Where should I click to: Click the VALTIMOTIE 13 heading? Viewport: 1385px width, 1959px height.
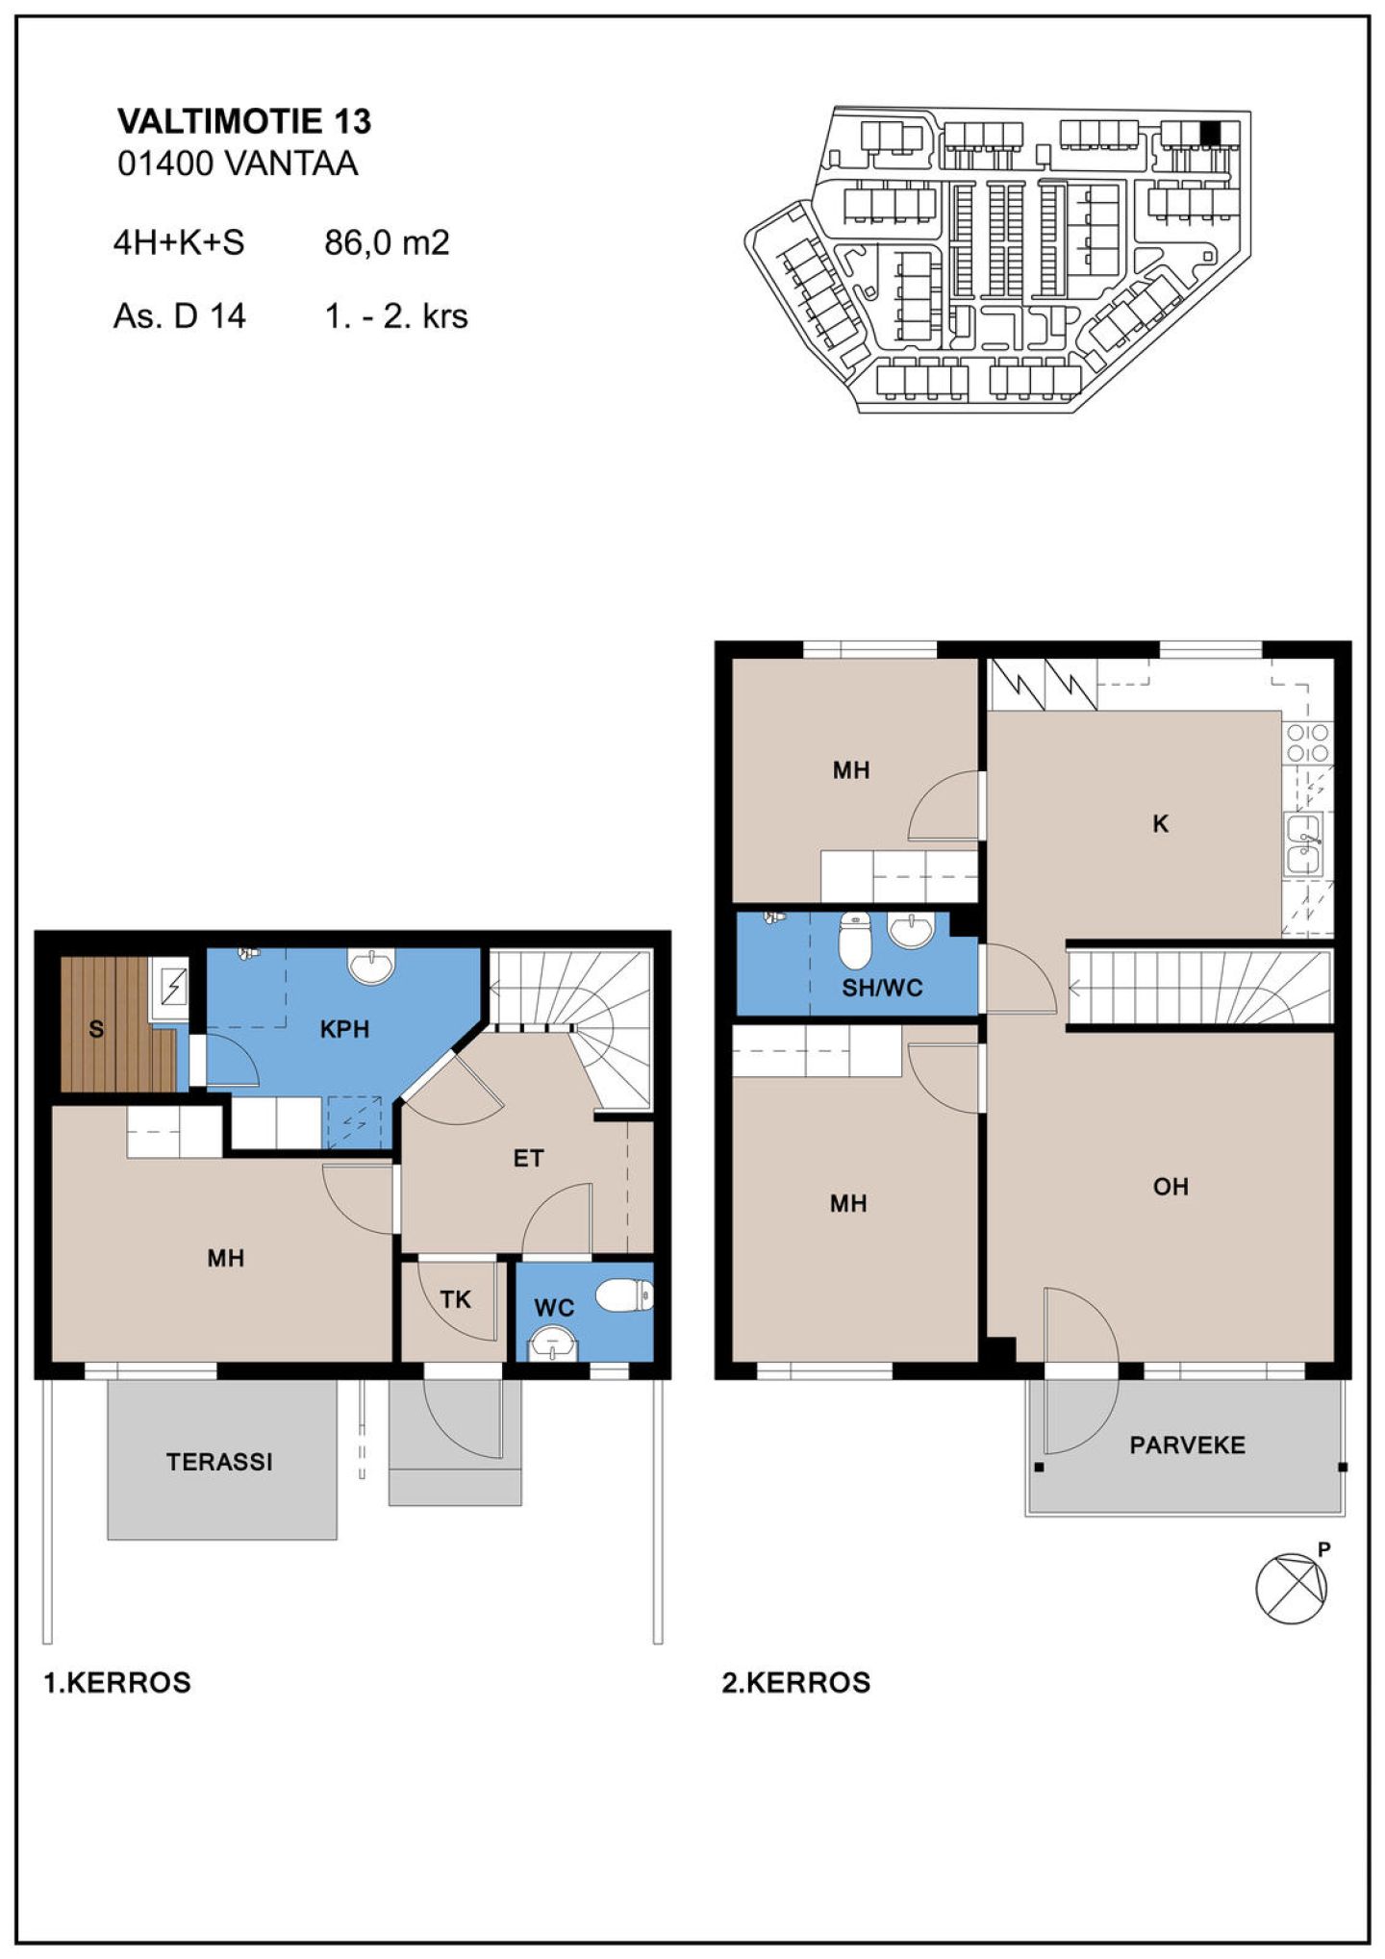[244, 121]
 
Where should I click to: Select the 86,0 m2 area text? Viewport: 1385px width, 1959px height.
[387, 242]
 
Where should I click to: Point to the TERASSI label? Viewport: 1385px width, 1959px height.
[219, 1462]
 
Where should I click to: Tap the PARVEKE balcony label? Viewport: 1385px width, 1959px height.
[1187, 1444]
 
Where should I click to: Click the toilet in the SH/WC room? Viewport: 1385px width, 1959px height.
[854, 940]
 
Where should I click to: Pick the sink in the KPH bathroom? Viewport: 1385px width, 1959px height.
[370, 965]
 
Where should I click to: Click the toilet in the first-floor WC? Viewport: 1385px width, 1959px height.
[625, 1295]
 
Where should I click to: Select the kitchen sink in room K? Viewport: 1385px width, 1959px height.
[1303, 843]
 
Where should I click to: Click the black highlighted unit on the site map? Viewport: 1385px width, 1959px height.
[1210, 133]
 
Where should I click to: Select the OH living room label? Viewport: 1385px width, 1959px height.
[1171, 1187]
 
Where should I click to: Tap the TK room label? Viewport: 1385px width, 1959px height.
[455, 1299]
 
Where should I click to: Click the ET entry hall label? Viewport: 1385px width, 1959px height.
[528, 1158]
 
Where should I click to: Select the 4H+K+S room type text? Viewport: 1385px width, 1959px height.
[179, 242]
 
